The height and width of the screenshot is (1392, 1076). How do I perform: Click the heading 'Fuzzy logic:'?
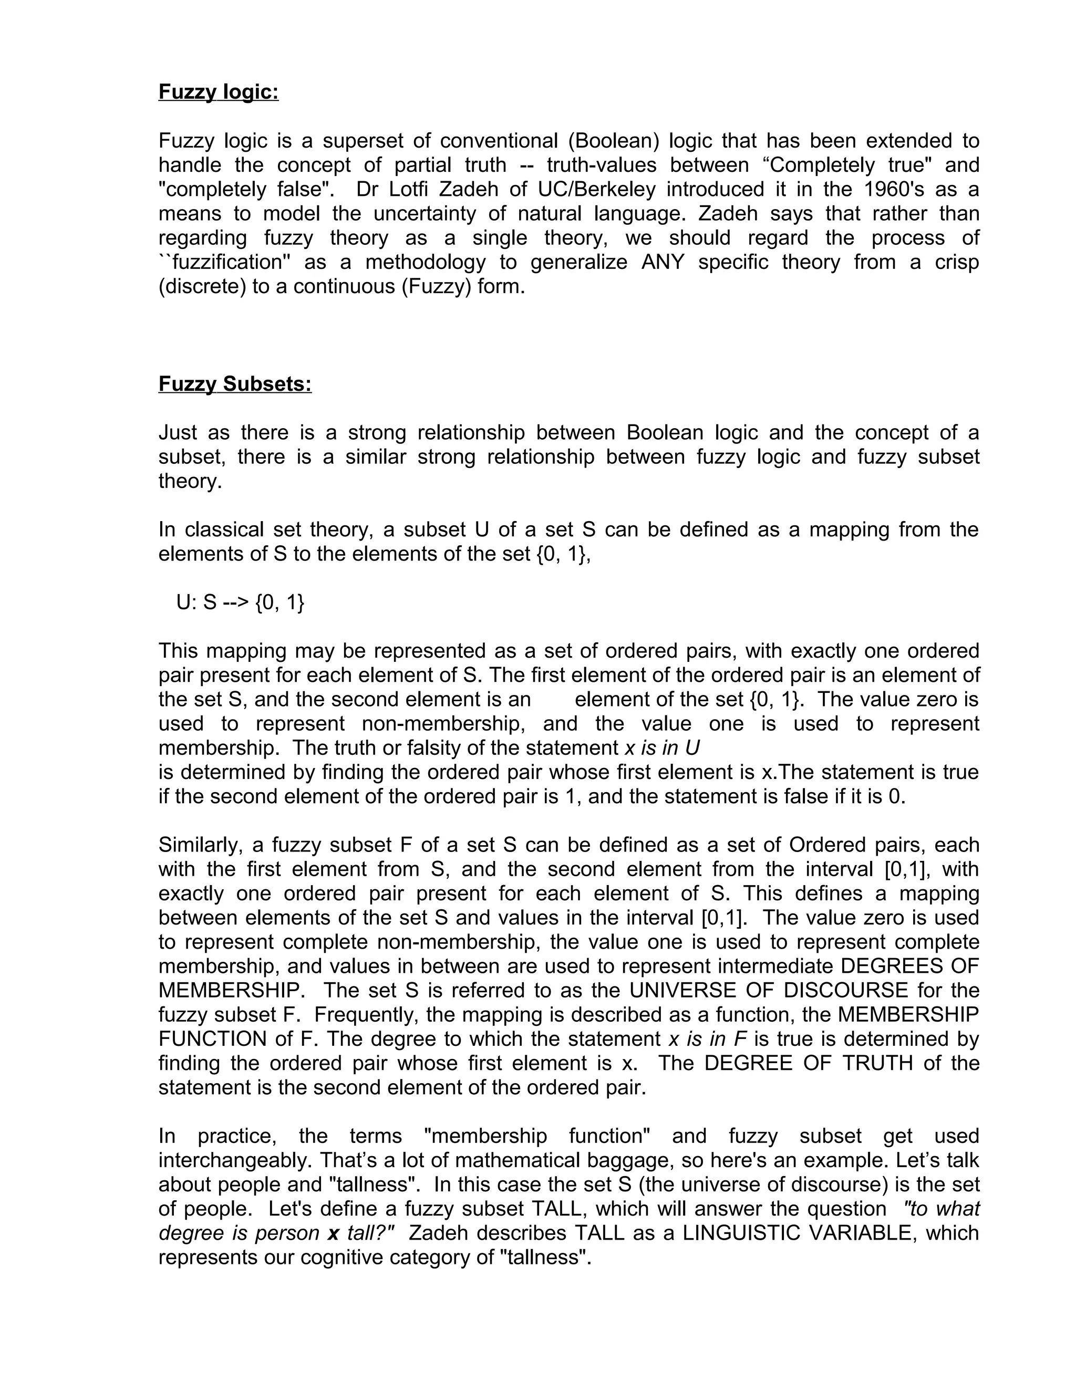point(218,92)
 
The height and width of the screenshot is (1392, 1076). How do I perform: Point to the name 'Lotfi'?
point(411,189)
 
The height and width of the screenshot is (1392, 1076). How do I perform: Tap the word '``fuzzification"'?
point(221,262)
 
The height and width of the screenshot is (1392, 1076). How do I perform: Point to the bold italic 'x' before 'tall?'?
point(333,1233)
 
